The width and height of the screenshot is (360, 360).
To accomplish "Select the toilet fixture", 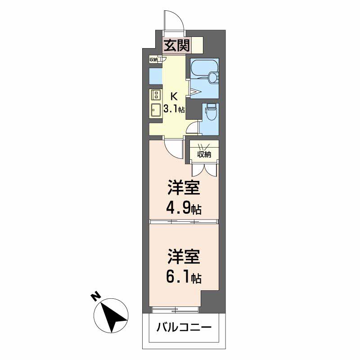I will click(x=210, y=112).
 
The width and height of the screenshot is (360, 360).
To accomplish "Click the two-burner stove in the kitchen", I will click(x=156, y=95).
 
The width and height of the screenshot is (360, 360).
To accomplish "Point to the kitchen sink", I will click(x=156, y=110).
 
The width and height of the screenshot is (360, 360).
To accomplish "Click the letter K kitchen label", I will click(x=174, y=96).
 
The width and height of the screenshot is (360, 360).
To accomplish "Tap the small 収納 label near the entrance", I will click(x=154, y=59).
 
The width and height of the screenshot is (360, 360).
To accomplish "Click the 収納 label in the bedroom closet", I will click(x=204, y=154).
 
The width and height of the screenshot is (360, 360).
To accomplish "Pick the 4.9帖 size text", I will click(x=184, y=209).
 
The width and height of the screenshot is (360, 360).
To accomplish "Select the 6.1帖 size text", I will click(x=184, y=278).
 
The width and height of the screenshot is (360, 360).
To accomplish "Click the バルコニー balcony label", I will click(x=183, y=327).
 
